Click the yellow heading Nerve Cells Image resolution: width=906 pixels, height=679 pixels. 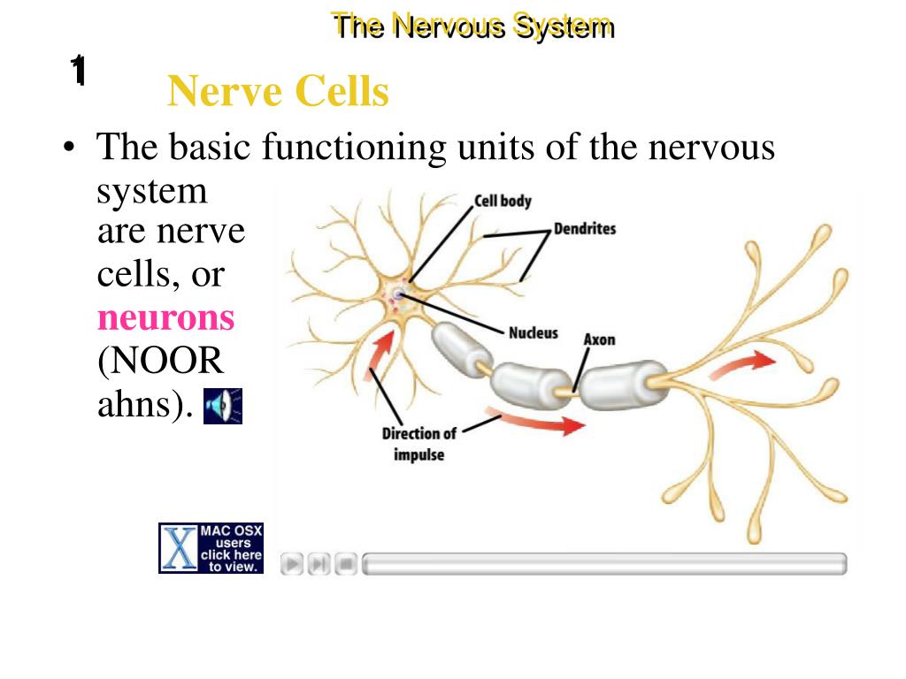coord(278,91)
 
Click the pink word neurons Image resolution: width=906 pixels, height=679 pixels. coord(165,317)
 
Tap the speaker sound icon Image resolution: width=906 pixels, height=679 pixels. coord(222,406)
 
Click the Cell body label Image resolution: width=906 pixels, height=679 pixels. coord(503,201)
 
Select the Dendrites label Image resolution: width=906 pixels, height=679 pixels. coord(584,229)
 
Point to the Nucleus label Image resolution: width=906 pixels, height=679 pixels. coord(533,333)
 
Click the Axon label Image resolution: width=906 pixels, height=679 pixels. coord(599,339)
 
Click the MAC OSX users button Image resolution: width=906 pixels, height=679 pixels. coord(211,548)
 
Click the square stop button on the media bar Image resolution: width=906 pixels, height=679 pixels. coord(347,563)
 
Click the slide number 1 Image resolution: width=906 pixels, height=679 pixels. coord(78,71)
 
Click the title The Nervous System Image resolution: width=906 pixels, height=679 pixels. coord(472,26)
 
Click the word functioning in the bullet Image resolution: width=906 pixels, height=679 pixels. coord(353,146)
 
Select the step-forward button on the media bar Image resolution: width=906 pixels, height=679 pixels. coord(319,563)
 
